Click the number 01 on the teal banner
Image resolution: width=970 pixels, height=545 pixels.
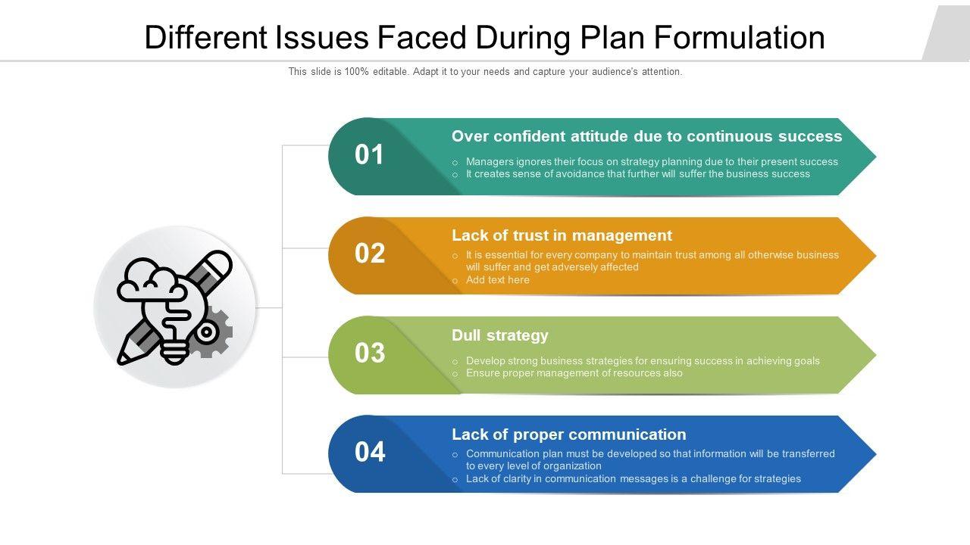tap(370, 154)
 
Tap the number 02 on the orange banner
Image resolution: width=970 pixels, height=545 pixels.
tap(370, 254)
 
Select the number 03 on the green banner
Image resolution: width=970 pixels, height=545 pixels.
tap(370, 353)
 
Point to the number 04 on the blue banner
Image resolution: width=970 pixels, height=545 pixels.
tap(370, 452)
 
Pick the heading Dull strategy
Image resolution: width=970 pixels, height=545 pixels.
tap(499, 335)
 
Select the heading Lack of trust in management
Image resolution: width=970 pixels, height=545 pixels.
tap(562, 235)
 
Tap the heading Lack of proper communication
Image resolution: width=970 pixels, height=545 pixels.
tap(568, 434)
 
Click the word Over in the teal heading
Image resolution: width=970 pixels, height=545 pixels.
tap(470, 136)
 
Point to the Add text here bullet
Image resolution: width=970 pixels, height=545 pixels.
tap(497, 280)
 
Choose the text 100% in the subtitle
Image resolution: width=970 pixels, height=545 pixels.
tap(357, 72)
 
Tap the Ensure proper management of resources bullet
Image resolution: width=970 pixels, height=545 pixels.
tap(574, 373)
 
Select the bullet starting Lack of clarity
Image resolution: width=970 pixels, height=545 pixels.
tap(633, 479)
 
